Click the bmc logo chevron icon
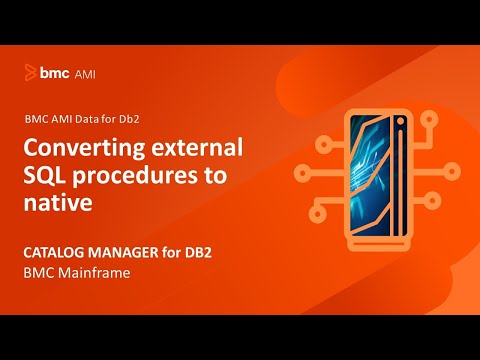[30, 73]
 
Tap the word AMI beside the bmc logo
[84, 73]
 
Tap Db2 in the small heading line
[148, 117]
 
